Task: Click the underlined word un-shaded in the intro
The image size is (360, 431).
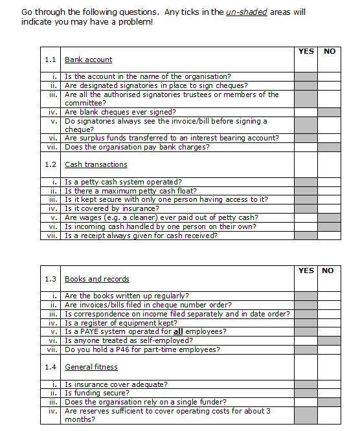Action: [x=247, y=12]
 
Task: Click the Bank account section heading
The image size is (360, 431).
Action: [x=88, y=60]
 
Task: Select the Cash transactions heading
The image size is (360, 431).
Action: [x=96, y=165]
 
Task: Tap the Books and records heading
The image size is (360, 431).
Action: [x=96, y=279]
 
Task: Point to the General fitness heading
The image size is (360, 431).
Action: [x=91, y=367]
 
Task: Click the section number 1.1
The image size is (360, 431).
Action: [x=51, y=60]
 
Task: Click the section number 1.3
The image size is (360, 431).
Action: [x=51, y=279]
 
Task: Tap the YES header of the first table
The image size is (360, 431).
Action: [x=306, y=51]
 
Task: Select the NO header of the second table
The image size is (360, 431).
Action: [x=328, y=271]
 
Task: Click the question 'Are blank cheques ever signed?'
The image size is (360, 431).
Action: [x=112, y=112]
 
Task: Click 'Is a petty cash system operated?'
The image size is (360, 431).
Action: [x=123, y=182]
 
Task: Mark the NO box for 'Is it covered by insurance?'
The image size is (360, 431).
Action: [x=328, y=209]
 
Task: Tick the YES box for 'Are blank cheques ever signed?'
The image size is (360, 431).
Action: [x=306, y=112]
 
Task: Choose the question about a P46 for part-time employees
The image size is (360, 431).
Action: [x=142, y=349]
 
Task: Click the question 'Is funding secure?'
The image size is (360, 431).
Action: [x=96, y=393]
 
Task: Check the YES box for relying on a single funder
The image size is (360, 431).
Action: [x=306, y=402]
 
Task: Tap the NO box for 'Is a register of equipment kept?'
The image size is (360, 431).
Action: [x=328, y=323]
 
